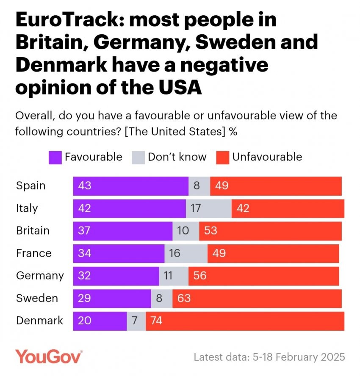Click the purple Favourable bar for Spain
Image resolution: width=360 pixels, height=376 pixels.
(x=130, y=186)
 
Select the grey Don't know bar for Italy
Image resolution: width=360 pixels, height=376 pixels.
(x=208, y=208)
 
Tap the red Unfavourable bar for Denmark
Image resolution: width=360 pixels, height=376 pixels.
(x=245, y=321)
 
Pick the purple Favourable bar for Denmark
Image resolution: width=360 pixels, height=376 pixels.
(x=100, y=321)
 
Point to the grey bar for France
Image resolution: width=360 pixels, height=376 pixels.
(x=186, y=253)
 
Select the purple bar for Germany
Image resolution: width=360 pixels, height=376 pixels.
(x=116, y=276)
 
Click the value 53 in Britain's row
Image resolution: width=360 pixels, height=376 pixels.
(x=211, y=231)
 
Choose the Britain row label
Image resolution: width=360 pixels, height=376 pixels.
(x=33, y=231)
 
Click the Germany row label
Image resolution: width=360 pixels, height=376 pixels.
(x=40, y=276)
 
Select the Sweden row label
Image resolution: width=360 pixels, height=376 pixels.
(x=37, y=298)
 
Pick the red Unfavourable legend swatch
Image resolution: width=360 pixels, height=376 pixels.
(x=222, y=157)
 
